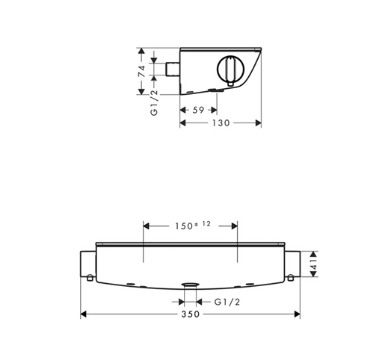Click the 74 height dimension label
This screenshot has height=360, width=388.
pyautogui.click(x=141, y=71)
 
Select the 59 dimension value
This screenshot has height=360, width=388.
pyautogui.click(x=198, y=110)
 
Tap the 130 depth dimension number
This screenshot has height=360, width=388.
pyautogui.click(x=221, y=123)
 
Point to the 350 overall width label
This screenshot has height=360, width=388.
pyautogui.click(x=191, y=314)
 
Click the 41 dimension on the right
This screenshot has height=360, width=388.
pyautogui.click(x=314, y=264)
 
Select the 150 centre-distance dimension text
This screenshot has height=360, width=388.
pyautogui.click(x=184, y=226)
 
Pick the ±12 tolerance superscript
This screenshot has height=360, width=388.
pyautogui.click(x=203, y=224)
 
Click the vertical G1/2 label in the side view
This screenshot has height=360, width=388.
pyautogui.click(x=154, y=102)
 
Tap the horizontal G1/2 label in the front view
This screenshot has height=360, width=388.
pyautogui.click(x=227, y=302)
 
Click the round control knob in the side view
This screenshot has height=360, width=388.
pyautogui.click(x=230, y=69)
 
